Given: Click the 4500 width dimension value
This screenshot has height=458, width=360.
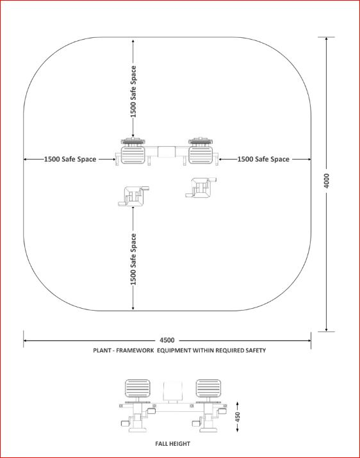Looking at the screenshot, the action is pyautogui.click(x=167, y=340).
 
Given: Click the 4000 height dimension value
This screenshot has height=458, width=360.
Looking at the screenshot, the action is pyautogui.click(x=327, y=181).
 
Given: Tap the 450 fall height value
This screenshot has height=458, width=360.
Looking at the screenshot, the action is pyautogui.click(x=238, y=417).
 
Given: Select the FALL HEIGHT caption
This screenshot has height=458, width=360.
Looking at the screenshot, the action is pyautogui.click(x=173, y=444).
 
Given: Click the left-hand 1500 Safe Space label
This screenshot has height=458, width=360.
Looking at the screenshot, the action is pyautogui.click(x=70, y=159).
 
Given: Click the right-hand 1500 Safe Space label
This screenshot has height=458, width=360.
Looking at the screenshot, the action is pyautogui.click(x=263, y=159).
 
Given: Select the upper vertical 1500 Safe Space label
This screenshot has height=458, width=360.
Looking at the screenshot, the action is pyautogui.click(x=133, y=92).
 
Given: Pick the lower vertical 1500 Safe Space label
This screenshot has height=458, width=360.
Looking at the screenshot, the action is pyautogui.click(x=133, y=259).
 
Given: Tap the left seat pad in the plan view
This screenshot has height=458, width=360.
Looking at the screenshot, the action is pyautogui.click(x=133, y=155).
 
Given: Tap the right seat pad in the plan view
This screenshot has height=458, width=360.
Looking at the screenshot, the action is pyautogui.click(x=200, y=155).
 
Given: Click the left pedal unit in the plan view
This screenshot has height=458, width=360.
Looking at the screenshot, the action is pyautogui.click(x=133, y=196).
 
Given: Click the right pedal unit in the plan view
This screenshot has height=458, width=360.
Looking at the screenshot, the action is pyautogui.click(x=201, y=188).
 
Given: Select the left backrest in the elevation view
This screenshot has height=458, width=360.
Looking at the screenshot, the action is pyautogui.click(x=138, y=388).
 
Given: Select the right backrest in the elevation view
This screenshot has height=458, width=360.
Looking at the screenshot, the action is pyautogui.click(x=208, y=388).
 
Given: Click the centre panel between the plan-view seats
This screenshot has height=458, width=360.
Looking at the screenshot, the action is pyautogui.click(x=167, y=152).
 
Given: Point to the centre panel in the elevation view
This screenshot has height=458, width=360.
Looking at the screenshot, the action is pyautogui.click(x=173, y=391).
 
